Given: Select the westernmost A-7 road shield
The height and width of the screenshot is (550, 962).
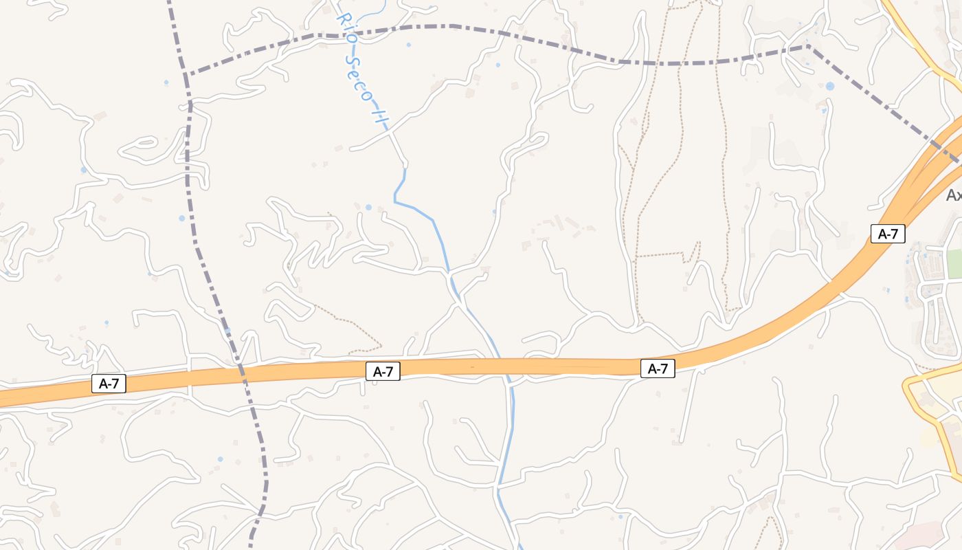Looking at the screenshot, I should [109, 384].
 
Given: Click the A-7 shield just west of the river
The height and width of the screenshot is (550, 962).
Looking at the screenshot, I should [382, 372].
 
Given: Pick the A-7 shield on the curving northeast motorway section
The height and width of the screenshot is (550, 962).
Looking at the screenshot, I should [888, 234].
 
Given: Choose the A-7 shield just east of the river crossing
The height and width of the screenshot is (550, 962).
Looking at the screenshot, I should [658, 368].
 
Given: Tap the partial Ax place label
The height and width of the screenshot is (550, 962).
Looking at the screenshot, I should [954, 195].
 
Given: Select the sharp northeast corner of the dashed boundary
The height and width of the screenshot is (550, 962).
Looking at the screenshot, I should [808, 46].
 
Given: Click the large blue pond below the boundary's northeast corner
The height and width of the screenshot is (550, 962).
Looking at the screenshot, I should [830, 87].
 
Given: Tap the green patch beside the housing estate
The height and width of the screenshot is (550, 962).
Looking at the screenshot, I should [954, 263].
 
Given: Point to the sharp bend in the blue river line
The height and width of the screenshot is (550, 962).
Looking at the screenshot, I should [396, 200].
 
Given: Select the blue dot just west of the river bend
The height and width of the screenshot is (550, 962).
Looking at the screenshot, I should [368, 207].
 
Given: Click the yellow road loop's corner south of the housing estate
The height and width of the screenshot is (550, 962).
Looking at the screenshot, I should [908, 385].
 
